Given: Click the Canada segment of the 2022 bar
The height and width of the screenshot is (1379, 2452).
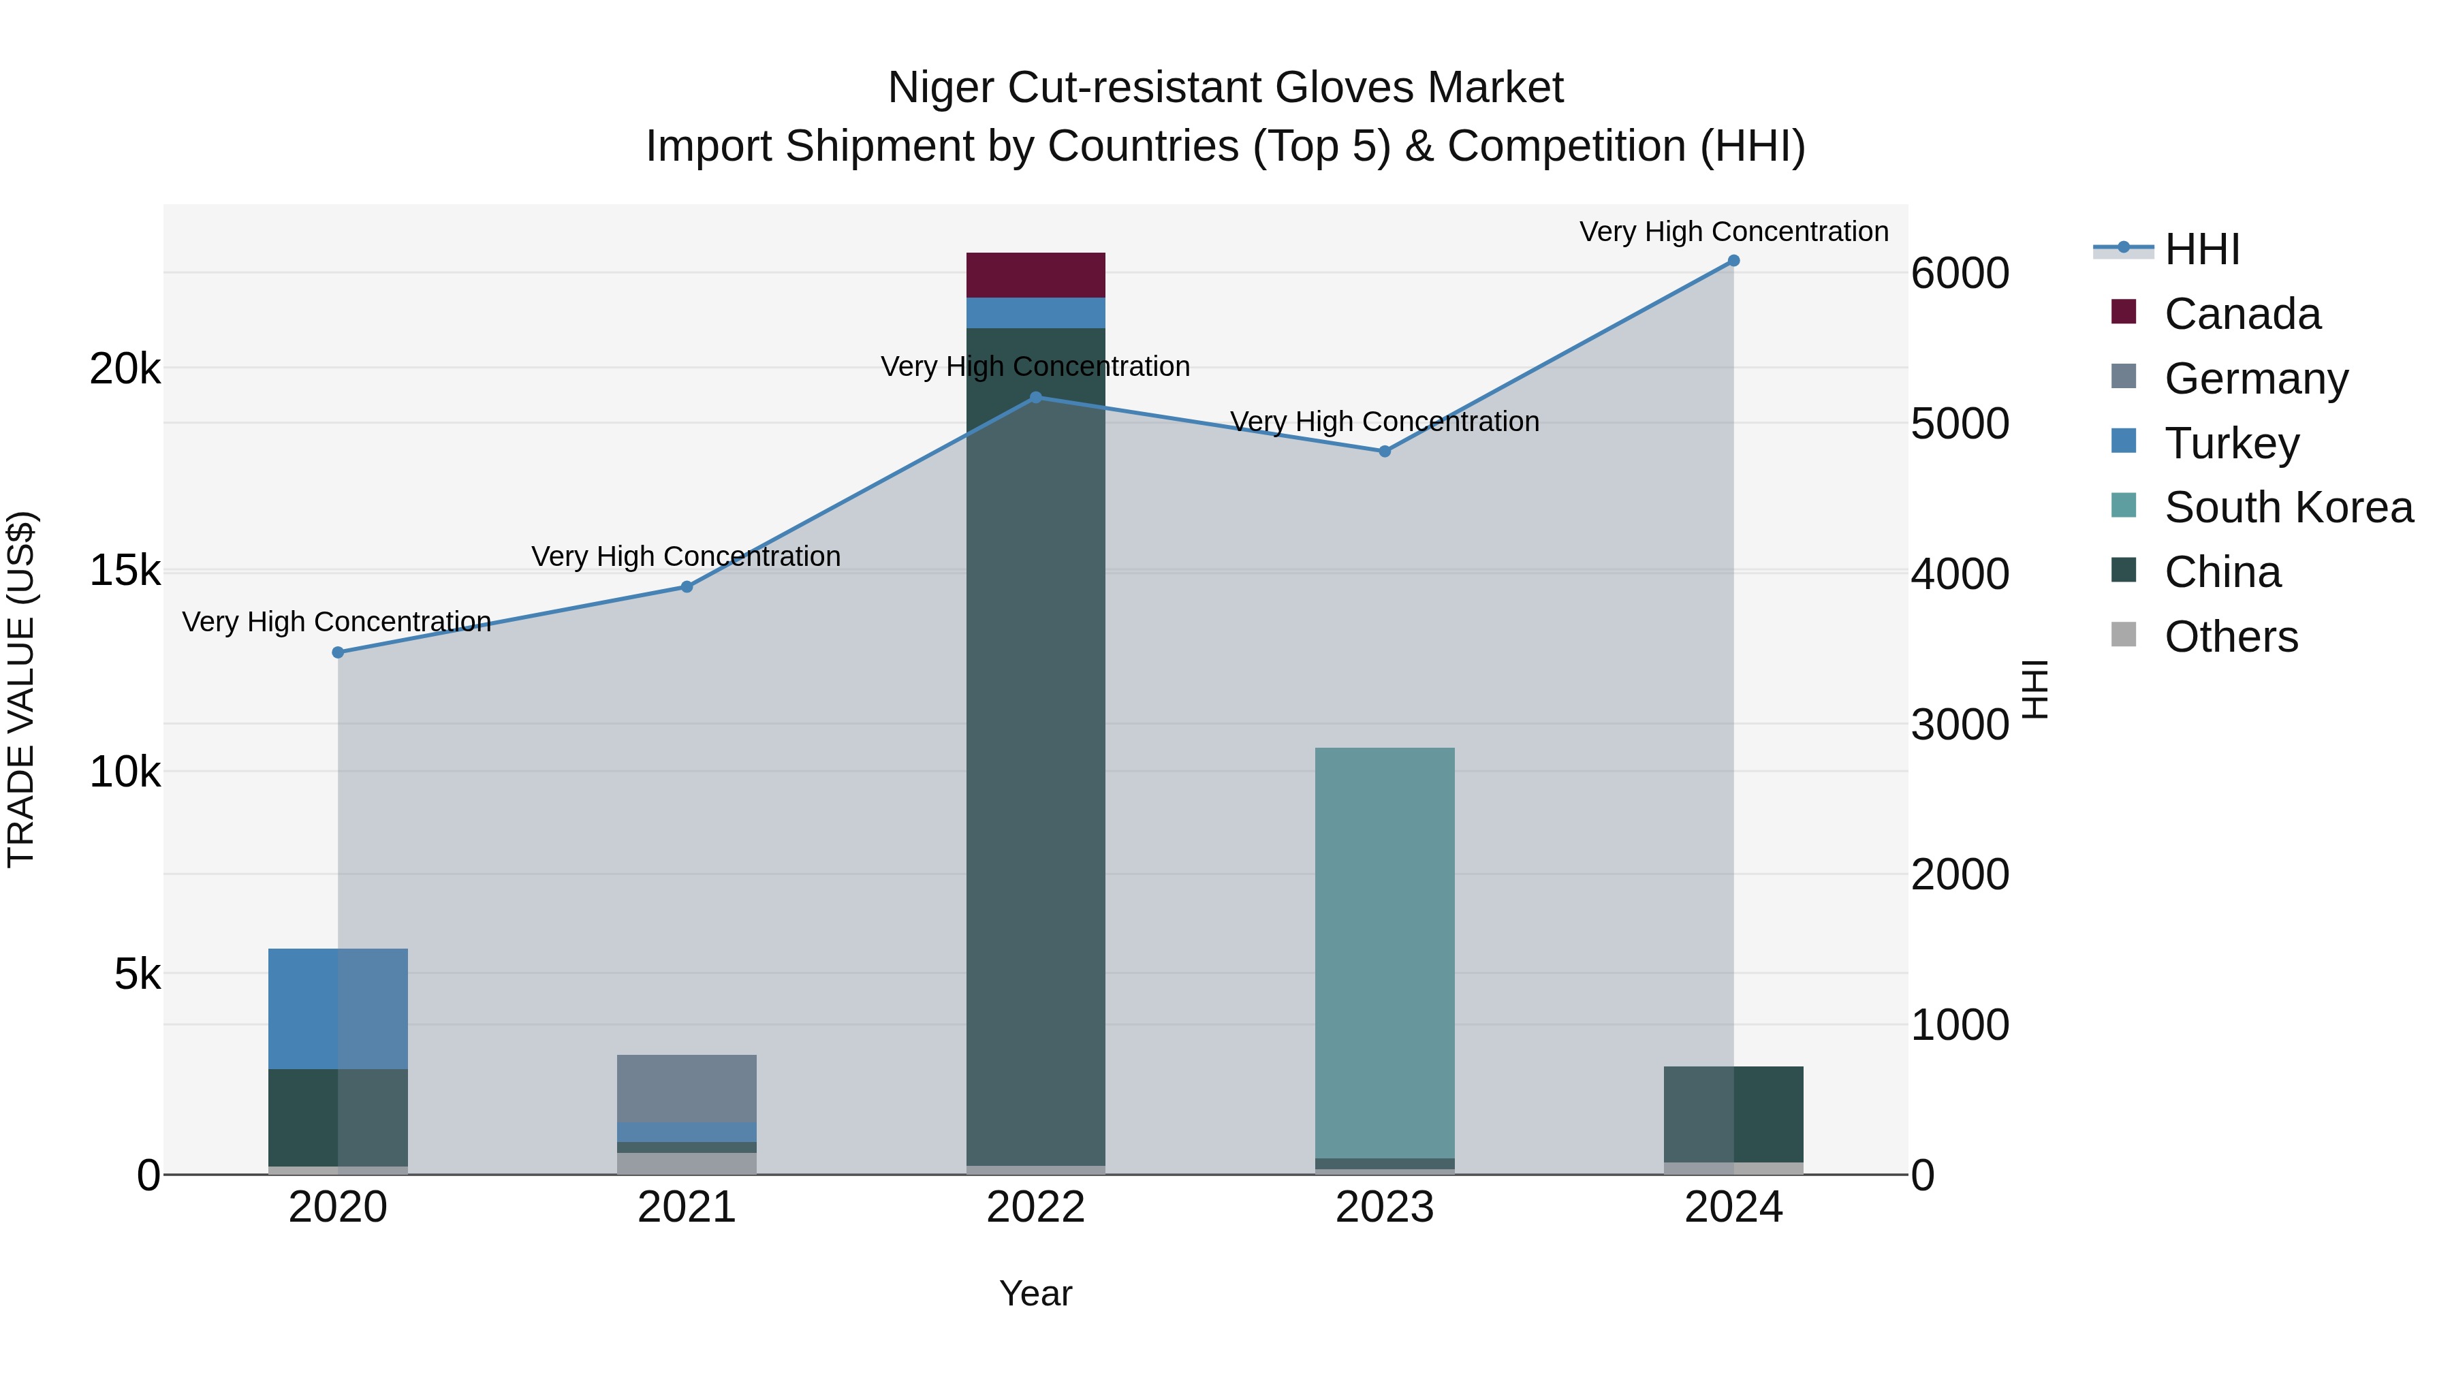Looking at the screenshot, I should pos(1035,275).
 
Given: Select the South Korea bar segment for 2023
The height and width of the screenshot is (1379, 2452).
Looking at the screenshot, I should pos(1384,952).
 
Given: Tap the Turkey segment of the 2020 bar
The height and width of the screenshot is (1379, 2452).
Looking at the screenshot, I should pos(338,1008).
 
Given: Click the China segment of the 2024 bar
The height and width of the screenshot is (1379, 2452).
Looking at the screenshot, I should pos(1733,1113).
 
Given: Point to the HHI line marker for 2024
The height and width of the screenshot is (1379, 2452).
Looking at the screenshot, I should pos(1733,261).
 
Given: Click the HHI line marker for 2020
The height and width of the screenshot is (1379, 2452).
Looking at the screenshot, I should pos(338,652).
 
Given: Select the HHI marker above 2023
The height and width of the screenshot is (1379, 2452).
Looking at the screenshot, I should pos(1385,451).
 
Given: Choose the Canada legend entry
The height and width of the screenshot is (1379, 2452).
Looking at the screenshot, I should pos(2242,314).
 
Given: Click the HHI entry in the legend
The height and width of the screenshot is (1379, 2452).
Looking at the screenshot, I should pos(2201,249).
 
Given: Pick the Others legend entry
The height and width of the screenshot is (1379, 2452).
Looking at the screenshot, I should pos(2230,637).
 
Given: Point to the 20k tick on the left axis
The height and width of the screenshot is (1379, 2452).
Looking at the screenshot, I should pos(125,368).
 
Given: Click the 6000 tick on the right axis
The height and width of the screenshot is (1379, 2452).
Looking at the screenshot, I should pos(1960,273).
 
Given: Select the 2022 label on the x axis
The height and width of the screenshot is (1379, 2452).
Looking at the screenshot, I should pos(1035,1207).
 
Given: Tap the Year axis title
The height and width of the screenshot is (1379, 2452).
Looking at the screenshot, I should pos(1035,1293).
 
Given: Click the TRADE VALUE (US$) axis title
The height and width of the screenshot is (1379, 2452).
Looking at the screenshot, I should pos(21,689).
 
